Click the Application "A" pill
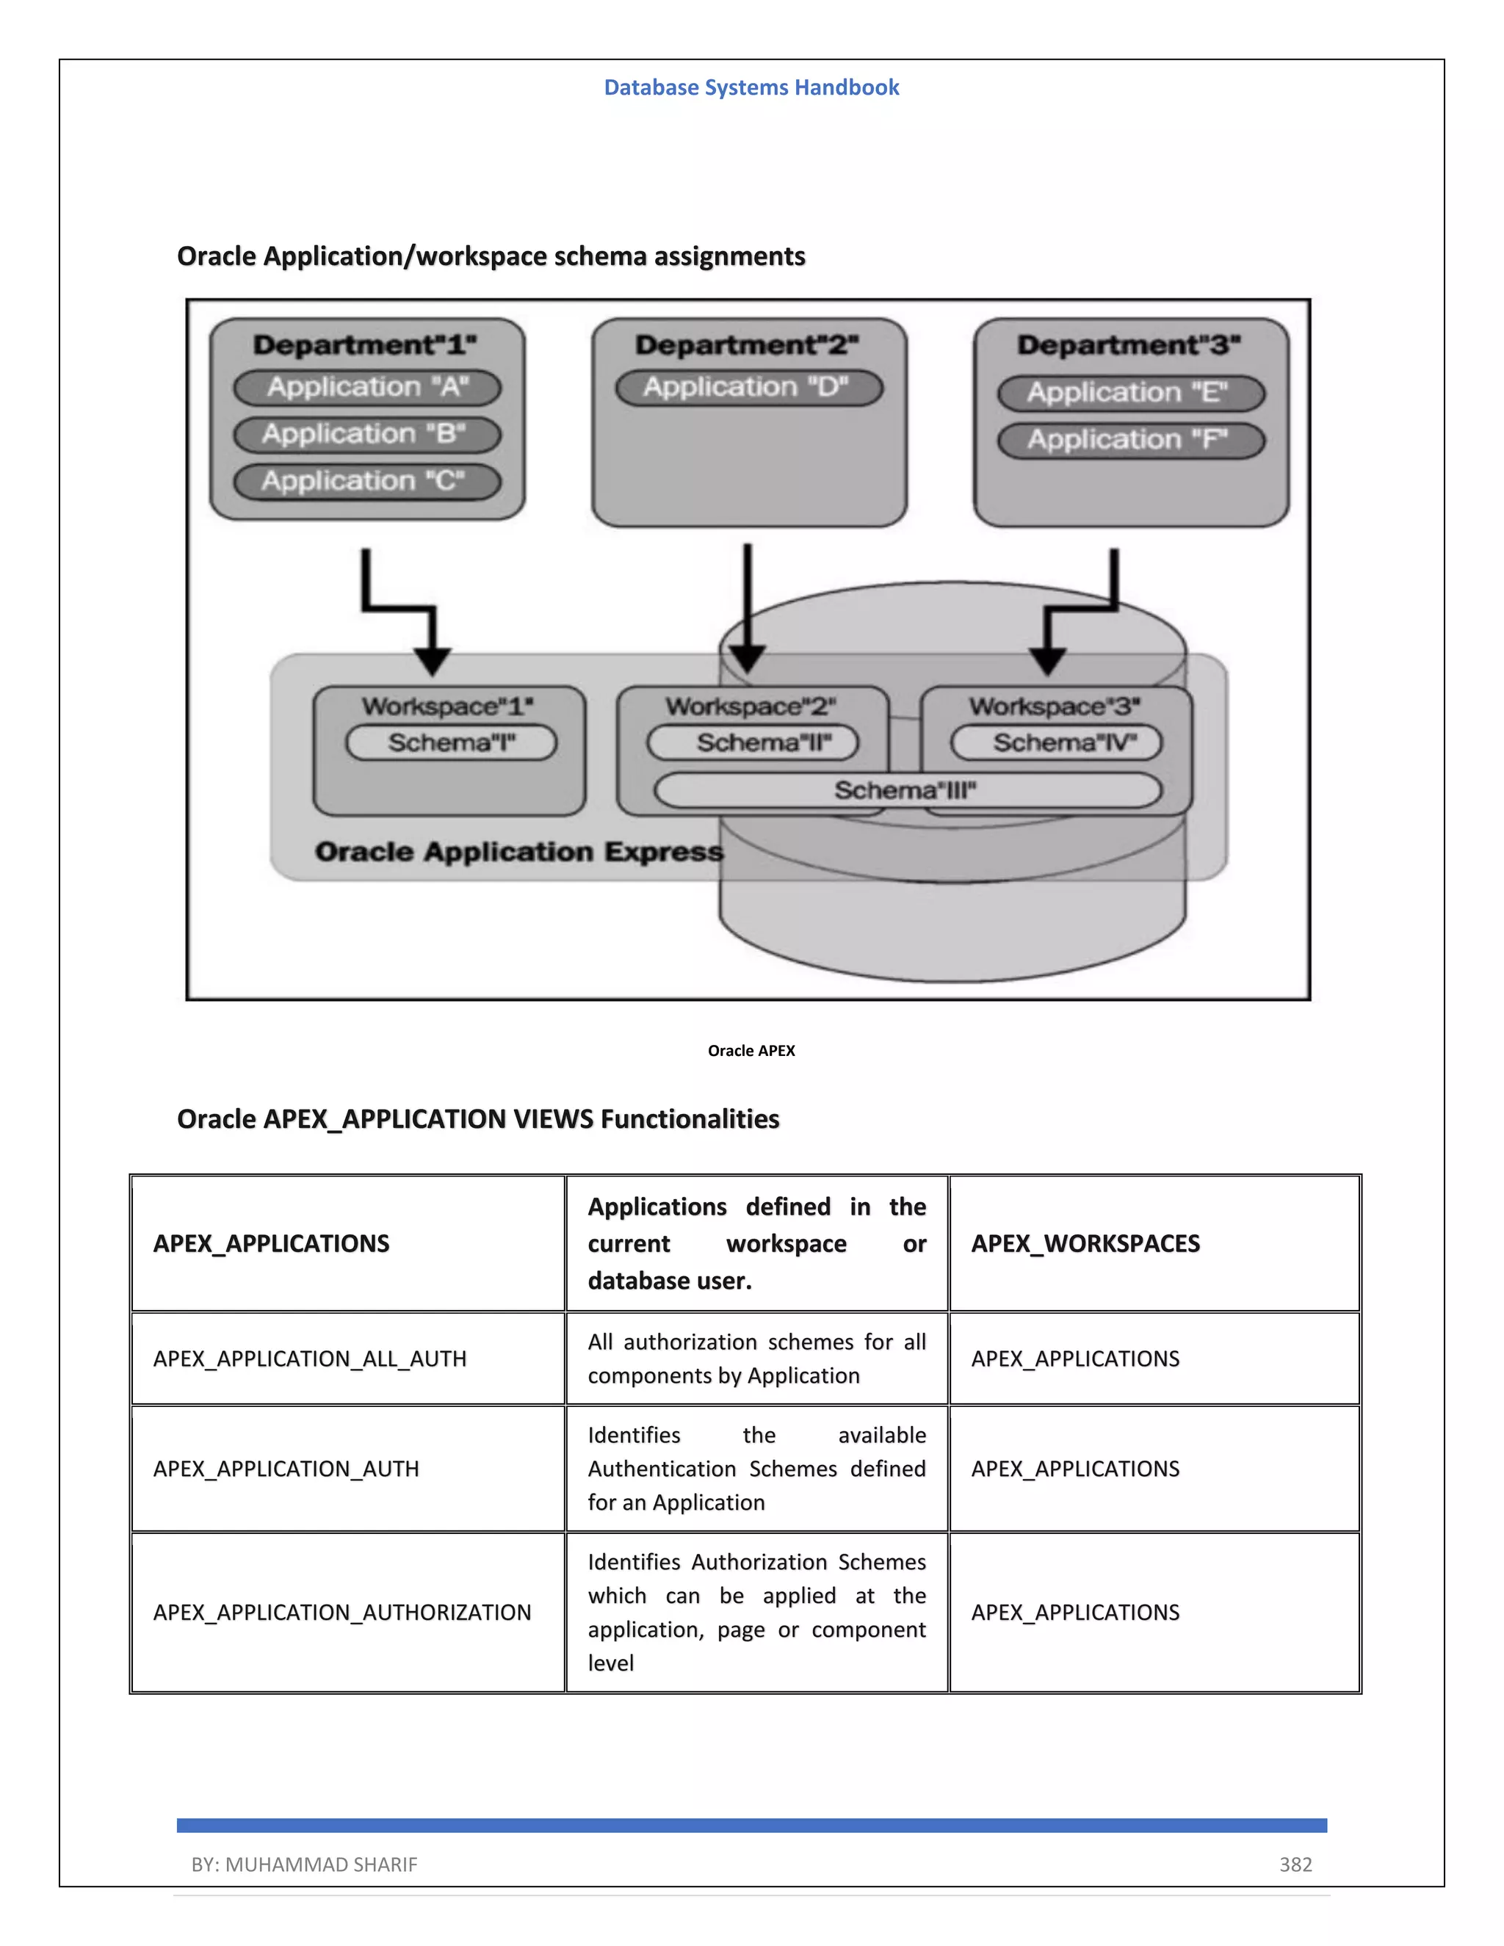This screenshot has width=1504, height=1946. (367, 388)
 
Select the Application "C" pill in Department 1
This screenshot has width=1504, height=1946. (367, 482)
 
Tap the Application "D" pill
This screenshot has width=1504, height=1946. (748, 388)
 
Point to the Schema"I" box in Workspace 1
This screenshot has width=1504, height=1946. (451, 742)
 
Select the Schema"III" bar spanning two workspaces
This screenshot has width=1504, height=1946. (907, 790)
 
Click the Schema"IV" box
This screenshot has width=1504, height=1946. (1056, 742)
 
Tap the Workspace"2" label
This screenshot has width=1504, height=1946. (751, 706)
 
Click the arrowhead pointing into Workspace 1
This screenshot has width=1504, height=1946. (433, 661)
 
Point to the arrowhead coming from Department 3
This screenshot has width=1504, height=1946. (1048, 661)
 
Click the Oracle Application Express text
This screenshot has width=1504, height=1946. (518, 852)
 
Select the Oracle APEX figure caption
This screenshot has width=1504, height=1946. (751, 1051)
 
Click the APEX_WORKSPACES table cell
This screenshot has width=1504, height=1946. (1085, 1244)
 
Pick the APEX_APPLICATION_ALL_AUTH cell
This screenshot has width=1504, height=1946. (310, 1359)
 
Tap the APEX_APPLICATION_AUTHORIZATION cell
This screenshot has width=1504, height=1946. (342, 1613)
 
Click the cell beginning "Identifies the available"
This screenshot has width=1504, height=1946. (756, 1469)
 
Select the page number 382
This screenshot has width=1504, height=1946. (1295, 1864)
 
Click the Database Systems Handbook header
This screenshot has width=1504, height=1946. (751, 87)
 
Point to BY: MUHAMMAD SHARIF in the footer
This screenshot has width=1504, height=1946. (304, 1864)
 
